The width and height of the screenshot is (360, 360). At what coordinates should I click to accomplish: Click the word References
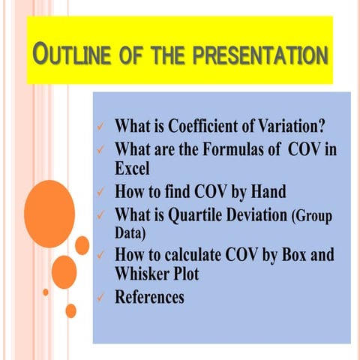click(148, 297)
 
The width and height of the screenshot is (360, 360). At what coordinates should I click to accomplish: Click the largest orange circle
click(49, 204)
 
